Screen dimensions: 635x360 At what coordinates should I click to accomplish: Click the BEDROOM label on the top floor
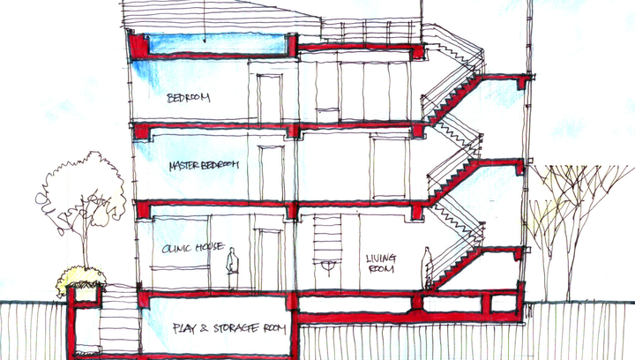pyautogui.click(x=189, y=98)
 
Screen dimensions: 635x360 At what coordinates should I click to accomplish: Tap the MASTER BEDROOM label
pyautogui.click(x=204, y=165)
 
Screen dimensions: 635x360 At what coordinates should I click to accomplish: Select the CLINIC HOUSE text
pyautogui.click(x=193, y=247)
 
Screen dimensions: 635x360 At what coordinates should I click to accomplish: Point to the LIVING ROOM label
pyautogui.click(x=381, y=263)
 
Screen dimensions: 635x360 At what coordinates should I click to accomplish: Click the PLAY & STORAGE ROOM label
pyautogui.click(x=229, y=328)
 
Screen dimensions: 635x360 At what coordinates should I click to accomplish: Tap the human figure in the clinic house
pyautogui.click(x=232, y=268)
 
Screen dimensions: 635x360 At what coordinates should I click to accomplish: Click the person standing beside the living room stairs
pyautogui.click(x=427, y=267)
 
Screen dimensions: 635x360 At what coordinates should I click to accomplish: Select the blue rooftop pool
pyautogui.click(x=217, y=44)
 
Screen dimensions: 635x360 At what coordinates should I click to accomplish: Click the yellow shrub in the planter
pyautogui.click(x=81, y=280)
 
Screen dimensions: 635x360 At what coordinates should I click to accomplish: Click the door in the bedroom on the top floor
pyautogui.click(x=270, y=99)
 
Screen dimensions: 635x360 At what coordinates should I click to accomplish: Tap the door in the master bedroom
pyautogui.click(x=272, y=173)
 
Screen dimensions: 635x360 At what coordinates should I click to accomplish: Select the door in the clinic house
pyautogui.click(x=270, y=259)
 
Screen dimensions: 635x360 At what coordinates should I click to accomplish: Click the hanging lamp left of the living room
pyautogui.click(x=328, y=266)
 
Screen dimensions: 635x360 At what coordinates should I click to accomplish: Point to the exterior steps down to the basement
pyautogui.click(x=120, y=320)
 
